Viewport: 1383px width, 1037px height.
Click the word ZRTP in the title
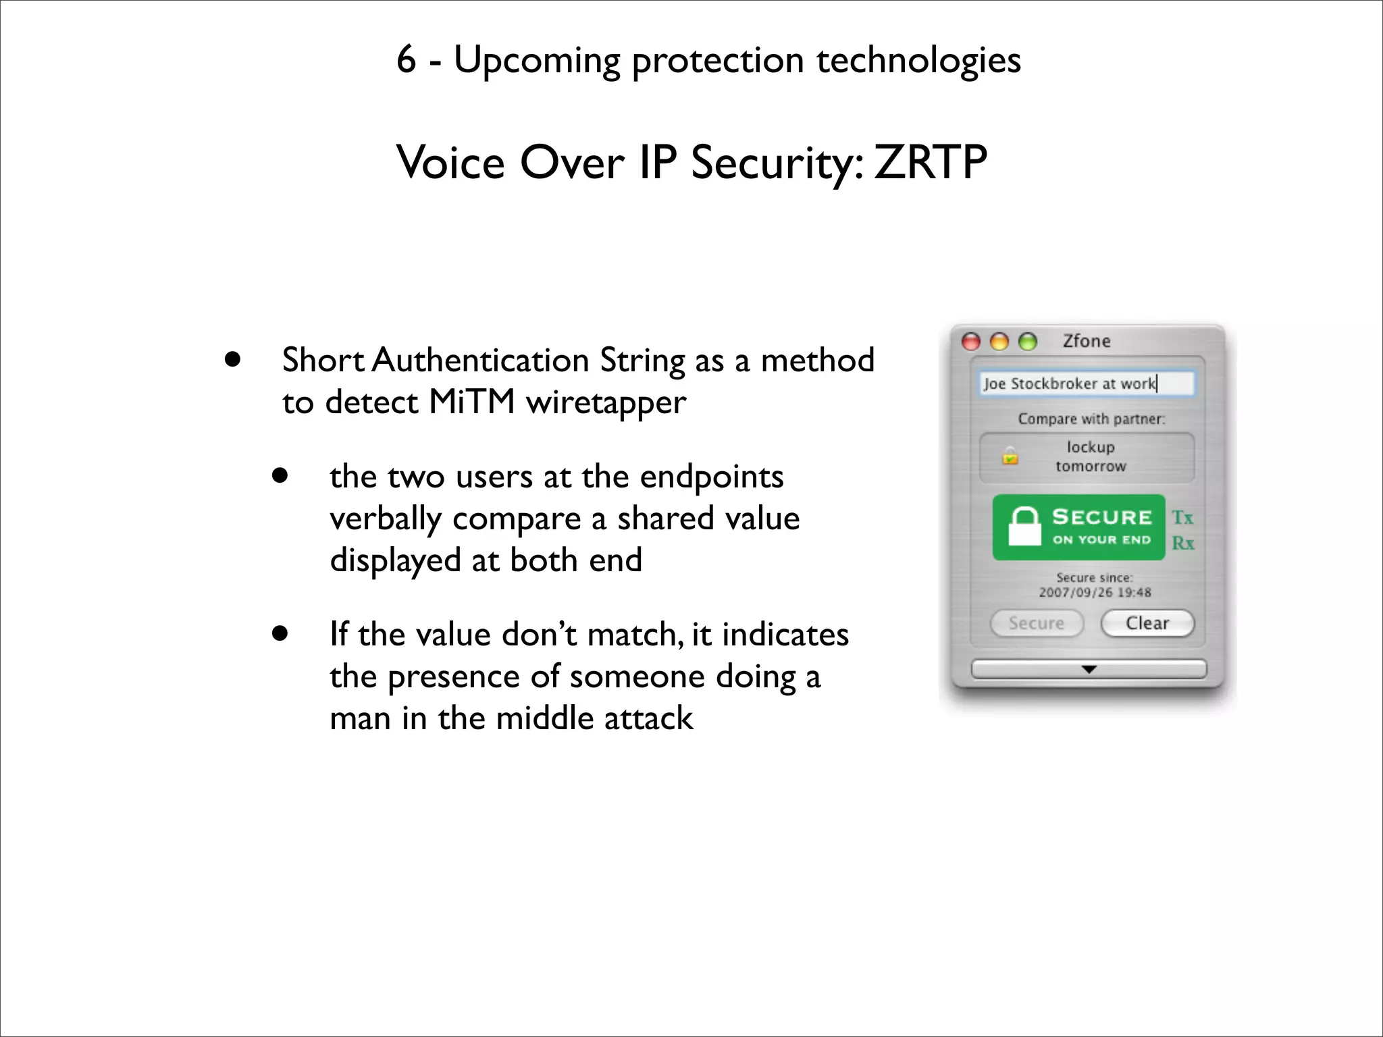[930, 163]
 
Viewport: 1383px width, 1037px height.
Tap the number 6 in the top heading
[406, 59]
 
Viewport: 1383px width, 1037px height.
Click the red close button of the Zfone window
[971, 342]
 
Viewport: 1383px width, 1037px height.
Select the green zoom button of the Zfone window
[1028, 342]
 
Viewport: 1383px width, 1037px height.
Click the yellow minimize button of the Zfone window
[999, 342]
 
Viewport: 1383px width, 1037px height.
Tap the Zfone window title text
[1087, 341]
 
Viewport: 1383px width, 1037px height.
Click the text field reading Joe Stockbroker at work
[1086, 383]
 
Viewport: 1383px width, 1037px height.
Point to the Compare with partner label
[1091, 419]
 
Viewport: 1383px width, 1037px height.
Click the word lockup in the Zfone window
[1091, 447]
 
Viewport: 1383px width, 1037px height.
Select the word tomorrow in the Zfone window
[1091, 466]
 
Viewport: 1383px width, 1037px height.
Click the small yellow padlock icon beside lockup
[1010, 456]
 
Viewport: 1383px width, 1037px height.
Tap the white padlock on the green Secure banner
[1024, 527]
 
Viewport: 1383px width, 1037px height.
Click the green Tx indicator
[1182, 518]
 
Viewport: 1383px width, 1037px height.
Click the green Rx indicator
[1182, 543]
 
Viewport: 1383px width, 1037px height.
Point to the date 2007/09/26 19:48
[1095, 592]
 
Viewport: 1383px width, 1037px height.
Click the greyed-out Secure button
[1037, 623]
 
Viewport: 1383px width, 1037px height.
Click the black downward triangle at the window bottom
[1089, 669]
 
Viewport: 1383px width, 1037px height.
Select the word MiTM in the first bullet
[472, 402]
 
